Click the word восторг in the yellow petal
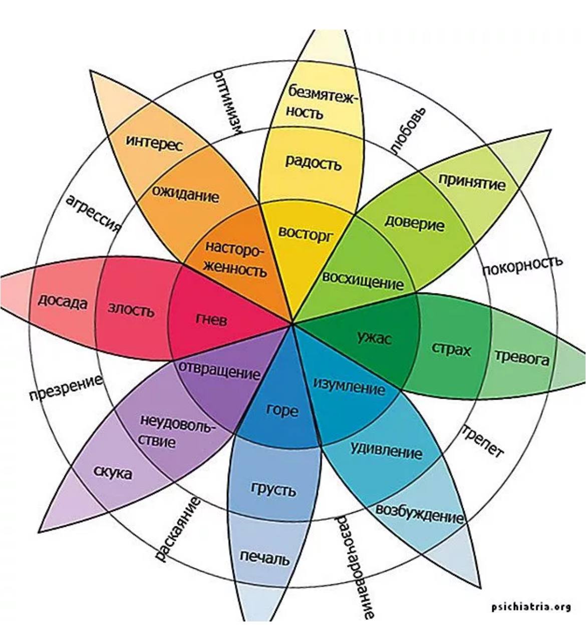point(305,233)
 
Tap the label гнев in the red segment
point(211,319)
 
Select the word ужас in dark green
point(374,338)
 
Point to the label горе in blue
point(282,410)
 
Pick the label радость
point(313,162)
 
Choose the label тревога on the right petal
point(522,358)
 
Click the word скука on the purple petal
point(113,472)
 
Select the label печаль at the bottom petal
point(264,557)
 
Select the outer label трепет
point(482,441)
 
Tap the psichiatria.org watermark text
point(531,606)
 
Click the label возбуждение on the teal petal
point(419,514)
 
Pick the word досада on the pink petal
point(63,301)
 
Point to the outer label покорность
point(522,265)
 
